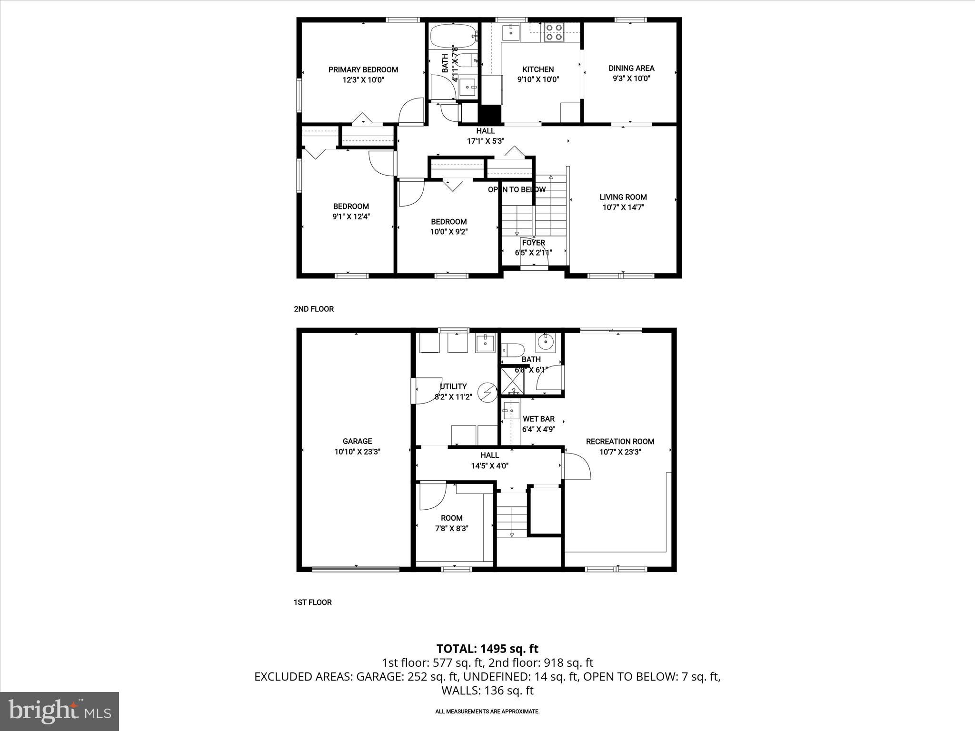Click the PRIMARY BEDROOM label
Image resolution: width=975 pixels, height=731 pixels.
(x=363, y=69)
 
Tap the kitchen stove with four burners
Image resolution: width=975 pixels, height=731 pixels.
(x=553, y=32)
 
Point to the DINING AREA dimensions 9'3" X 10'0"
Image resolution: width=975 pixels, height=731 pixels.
(x=631, y=79)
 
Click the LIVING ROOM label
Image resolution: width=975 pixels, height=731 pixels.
(x=623, y=197)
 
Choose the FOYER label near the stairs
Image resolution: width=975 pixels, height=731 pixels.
(x=533, y=243)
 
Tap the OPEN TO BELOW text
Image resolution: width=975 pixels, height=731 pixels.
(x=517, y=189)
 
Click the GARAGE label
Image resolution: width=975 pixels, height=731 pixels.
(x=357, y=441)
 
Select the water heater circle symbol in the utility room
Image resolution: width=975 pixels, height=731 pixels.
(x=487, y=392)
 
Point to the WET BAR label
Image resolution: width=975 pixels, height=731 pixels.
(x=538, y=419)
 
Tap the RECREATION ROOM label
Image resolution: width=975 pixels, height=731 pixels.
(x=620, y=441)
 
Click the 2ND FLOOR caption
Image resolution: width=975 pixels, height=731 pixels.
(x=313, y=309)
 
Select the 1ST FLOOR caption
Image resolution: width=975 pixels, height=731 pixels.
(x=312, y=602)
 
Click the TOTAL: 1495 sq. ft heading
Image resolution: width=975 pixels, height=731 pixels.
(x=487, y=648)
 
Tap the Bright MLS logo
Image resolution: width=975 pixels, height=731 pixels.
(x=59, y=711)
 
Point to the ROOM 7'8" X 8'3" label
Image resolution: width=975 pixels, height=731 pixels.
(x=451, y=523)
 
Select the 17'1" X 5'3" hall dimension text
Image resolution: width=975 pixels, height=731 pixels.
(x=485, y=141)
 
